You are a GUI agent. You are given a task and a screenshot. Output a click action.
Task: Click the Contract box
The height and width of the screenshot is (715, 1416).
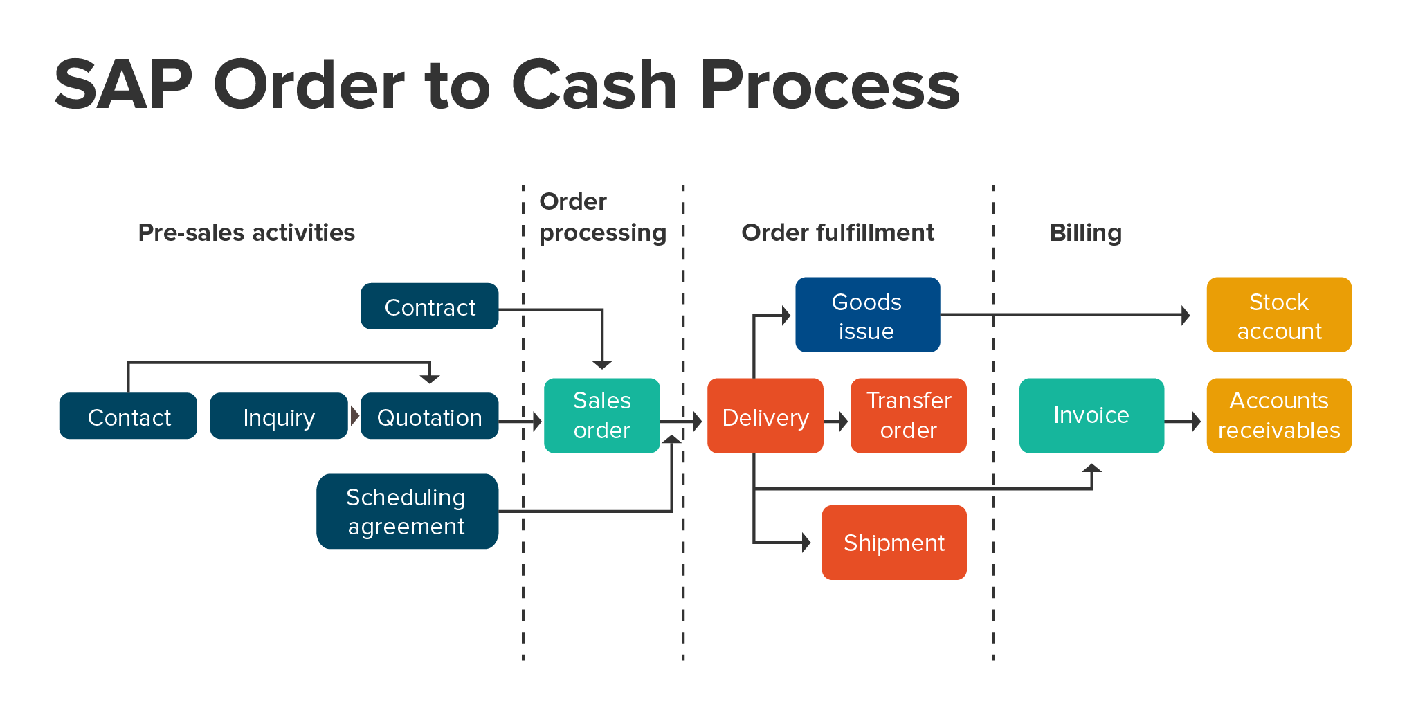coord(429,307)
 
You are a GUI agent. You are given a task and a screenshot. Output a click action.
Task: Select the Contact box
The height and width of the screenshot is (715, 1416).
coord(128,417)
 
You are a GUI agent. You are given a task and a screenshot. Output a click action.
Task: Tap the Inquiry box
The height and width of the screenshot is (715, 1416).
coord(278,417)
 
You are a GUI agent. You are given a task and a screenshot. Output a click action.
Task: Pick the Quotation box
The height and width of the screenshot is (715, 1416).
coord(429,417)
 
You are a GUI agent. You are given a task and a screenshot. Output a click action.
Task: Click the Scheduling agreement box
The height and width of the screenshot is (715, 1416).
coord(407,512)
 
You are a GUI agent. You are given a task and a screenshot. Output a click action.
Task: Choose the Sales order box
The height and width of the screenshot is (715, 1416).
coord(601,415)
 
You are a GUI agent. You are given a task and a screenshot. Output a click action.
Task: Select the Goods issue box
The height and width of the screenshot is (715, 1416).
coord(867,316)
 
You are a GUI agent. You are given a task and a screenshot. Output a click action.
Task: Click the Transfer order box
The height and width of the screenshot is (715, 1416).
coord(908,415)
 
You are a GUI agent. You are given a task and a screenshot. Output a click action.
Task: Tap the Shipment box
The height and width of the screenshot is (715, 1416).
coord(893,543)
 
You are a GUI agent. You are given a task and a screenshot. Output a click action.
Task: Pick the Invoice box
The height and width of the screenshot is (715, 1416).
coord(1091,415)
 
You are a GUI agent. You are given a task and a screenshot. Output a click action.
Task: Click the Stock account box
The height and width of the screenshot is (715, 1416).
coord(1278,316)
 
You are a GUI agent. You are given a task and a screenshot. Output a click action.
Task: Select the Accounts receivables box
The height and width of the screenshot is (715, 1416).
coord(1278,415)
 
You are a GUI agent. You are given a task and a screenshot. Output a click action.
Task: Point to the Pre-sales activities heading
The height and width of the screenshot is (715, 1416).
coord(246,233)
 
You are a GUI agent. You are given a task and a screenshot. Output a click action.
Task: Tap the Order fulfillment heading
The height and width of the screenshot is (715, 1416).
coord(837,233)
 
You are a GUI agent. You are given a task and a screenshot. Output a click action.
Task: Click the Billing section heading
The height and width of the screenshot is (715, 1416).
coord(1085,233)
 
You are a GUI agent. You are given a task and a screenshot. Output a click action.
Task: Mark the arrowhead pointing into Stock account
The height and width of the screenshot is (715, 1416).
coord(1186,316)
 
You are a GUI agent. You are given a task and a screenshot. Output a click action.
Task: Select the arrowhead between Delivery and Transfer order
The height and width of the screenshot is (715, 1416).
coord(843,421)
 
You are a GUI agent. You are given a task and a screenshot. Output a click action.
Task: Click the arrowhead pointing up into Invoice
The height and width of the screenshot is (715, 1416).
coord(1091,469)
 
